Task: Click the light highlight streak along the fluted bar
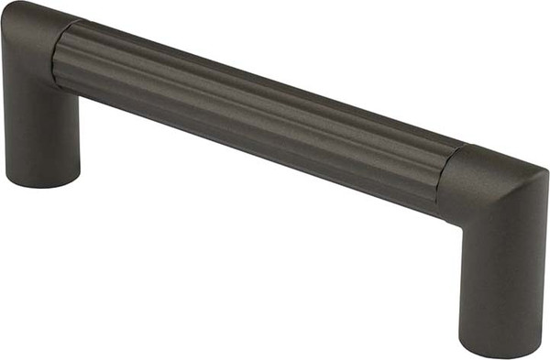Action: (x=257, y=96)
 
